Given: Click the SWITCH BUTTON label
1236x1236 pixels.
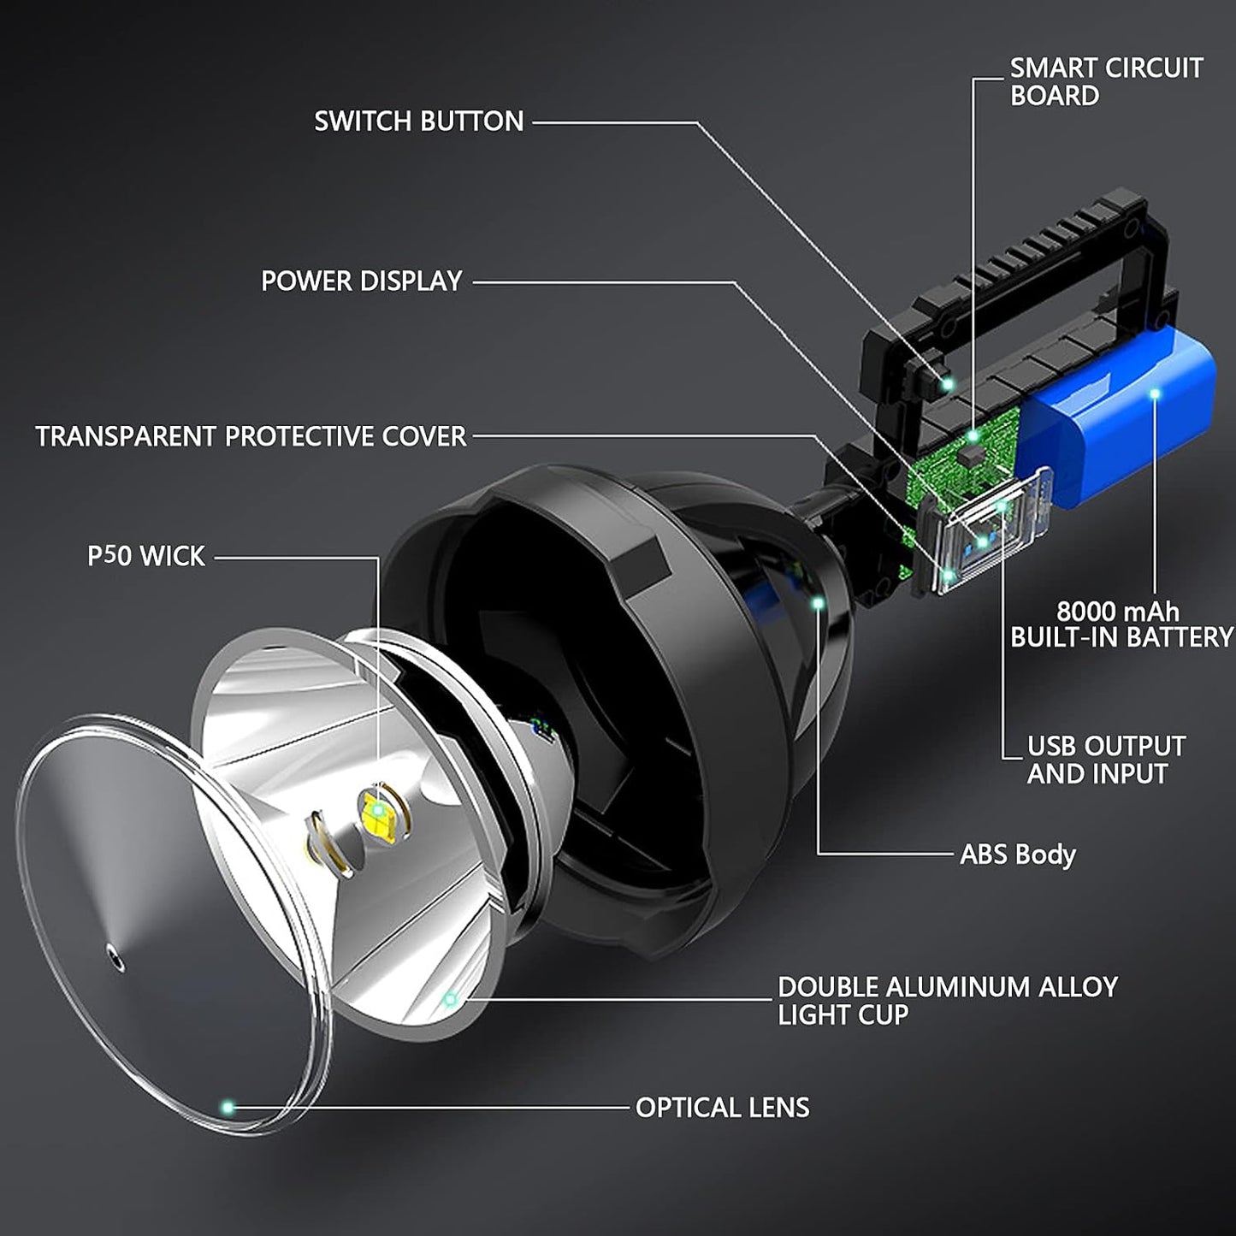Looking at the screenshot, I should click(x=418, y=121).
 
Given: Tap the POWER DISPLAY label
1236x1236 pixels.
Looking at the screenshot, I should click(x=361, y=281).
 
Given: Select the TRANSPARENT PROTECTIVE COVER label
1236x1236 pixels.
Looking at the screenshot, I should click(x=251, y=436).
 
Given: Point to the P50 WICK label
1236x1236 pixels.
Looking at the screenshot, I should click(x=146, y=556).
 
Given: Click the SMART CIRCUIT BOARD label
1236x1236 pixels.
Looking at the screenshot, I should click(x=1105, y=81).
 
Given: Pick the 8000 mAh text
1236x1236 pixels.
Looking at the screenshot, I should click(x=1117, y=612).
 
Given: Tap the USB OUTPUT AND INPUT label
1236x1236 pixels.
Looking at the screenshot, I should click(x=1105, y=760).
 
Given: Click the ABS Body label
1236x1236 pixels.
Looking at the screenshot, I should click(x=1017, y=854).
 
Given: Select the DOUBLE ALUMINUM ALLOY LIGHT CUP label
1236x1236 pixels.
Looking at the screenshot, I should click(x=947, y=1000).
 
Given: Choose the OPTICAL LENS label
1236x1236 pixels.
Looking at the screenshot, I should click(x=722, y=1108).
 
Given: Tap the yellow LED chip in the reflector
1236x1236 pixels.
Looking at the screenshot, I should click(x=376, y=810).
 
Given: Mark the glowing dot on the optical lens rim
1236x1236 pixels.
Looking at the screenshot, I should click(x=228, y=1108).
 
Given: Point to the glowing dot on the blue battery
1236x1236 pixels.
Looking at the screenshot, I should click(x=1154, y=393).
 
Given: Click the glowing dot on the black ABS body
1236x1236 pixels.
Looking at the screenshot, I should click(x=818, y=604).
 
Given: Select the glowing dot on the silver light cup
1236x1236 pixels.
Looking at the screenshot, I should click(x=450, y=998).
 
